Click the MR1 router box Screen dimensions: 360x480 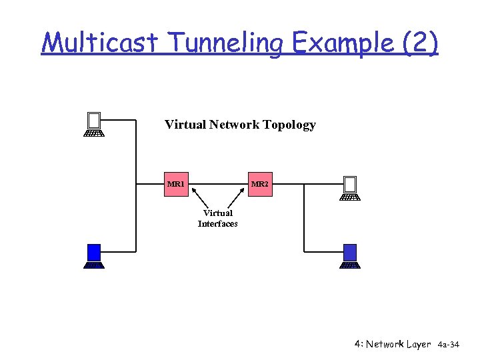click(177, 184)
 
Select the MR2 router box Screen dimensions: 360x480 click(260, 184)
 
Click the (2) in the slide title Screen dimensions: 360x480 click(420, 43)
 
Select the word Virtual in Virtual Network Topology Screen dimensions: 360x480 click(185, 125)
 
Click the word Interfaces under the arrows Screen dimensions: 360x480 click(217, 224)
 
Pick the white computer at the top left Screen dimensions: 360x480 click(94, 124)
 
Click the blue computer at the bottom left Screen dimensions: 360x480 click(94, 255)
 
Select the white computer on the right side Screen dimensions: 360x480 click(350, 188)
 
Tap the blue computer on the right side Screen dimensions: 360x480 click(350, 255)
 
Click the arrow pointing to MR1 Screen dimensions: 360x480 click(199, 198)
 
